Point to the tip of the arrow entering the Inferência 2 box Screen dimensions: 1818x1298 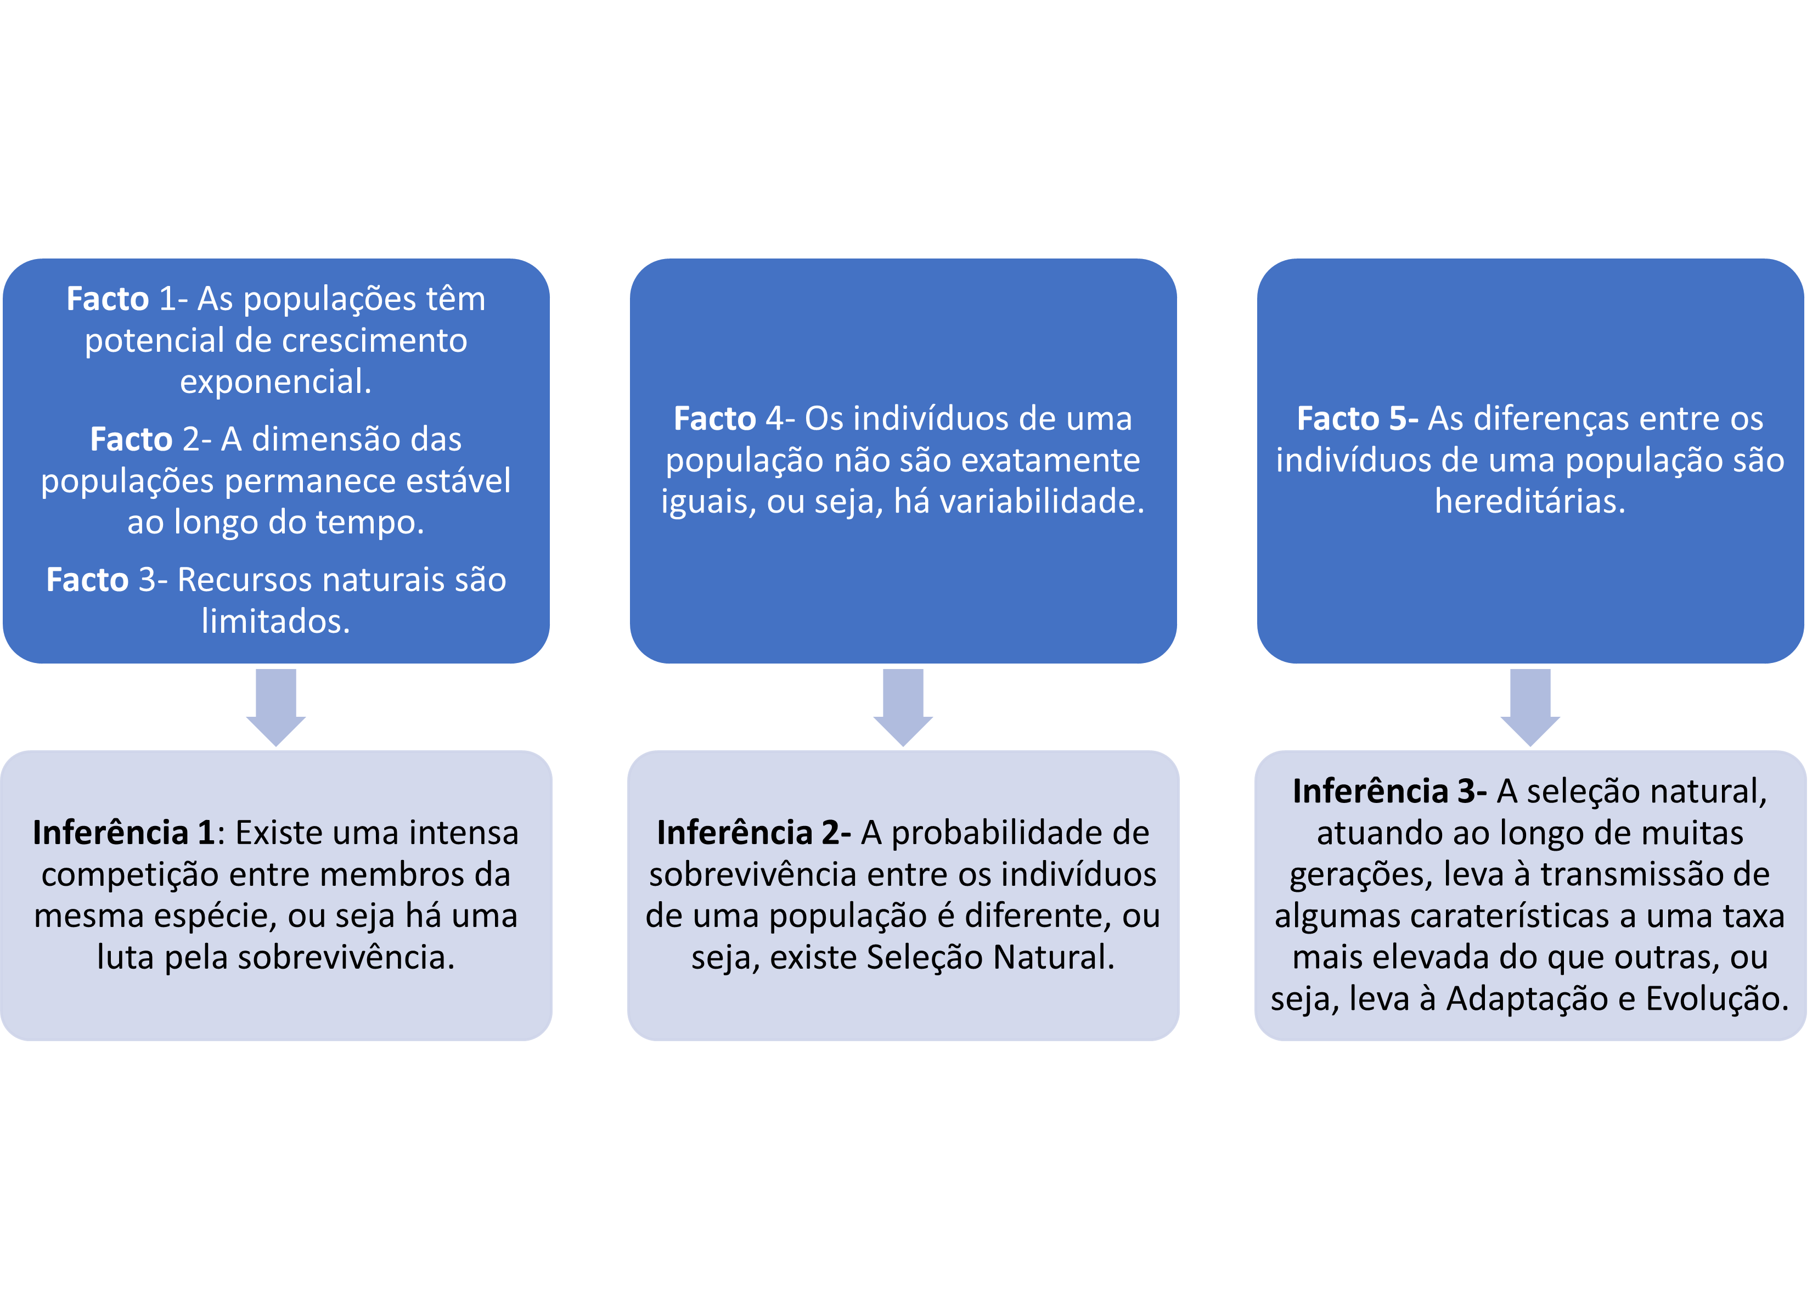tap(903, 746)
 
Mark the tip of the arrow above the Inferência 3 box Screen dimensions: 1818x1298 tap(1530, 746)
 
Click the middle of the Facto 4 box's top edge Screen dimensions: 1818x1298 tap(903, 259)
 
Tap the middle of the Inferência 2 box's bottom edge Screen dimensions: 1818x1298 tap(903, 1040)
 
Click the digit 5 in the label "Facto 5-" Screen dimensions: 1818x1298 tap(1398, 419)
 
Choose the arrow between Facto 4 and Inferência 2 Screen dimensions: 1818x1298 tap(903, 707)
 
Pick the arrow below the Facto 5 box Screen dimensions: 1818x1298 tap(1530, 707)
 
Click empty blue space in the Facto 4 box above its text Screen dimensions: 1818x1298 tap(903, 328)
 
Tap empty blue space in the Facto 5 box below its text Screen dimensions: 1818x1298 tap(1530, 592)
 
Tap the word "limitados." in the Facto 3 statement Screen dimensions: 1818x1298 tap(275, 621)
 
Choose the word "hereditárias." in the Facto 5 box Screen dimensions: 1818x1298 tap(1530, 501)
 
